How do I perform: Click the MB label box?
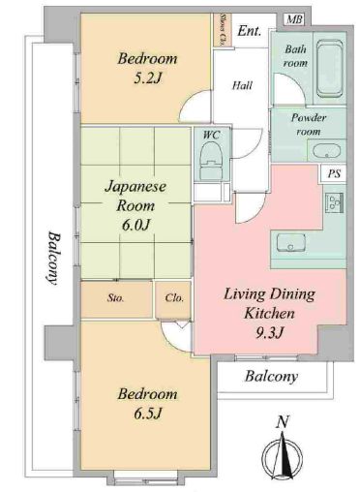(x=294, y=19)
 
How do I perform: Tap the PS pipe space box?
(x=334, y=174)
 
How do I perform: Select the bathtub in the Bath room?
(x=329, y=69)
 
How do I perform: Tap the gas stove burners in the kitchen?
(x=335, y=202)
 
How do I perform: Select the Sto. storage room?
(x=116, y=299)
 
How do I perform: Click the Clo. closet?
(x=173, y=299)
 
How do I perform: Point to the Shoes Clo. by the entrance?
(x=223, y=30)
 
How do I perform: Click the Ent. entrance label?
(x=249, y=31)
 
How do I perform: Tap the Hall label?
(x=242, y=86)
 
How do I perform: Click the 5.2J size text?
(x=147, y=78)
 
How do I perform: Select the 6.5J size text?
(x=147, y=414)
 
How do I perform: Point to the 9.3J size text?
(x=269, y=333)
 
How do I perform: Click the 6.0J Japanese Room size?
(x=135, y=226)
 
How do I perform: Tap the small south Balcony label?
(x=271, y=377)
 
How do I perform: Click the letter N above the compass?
(x=283, y=422)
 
